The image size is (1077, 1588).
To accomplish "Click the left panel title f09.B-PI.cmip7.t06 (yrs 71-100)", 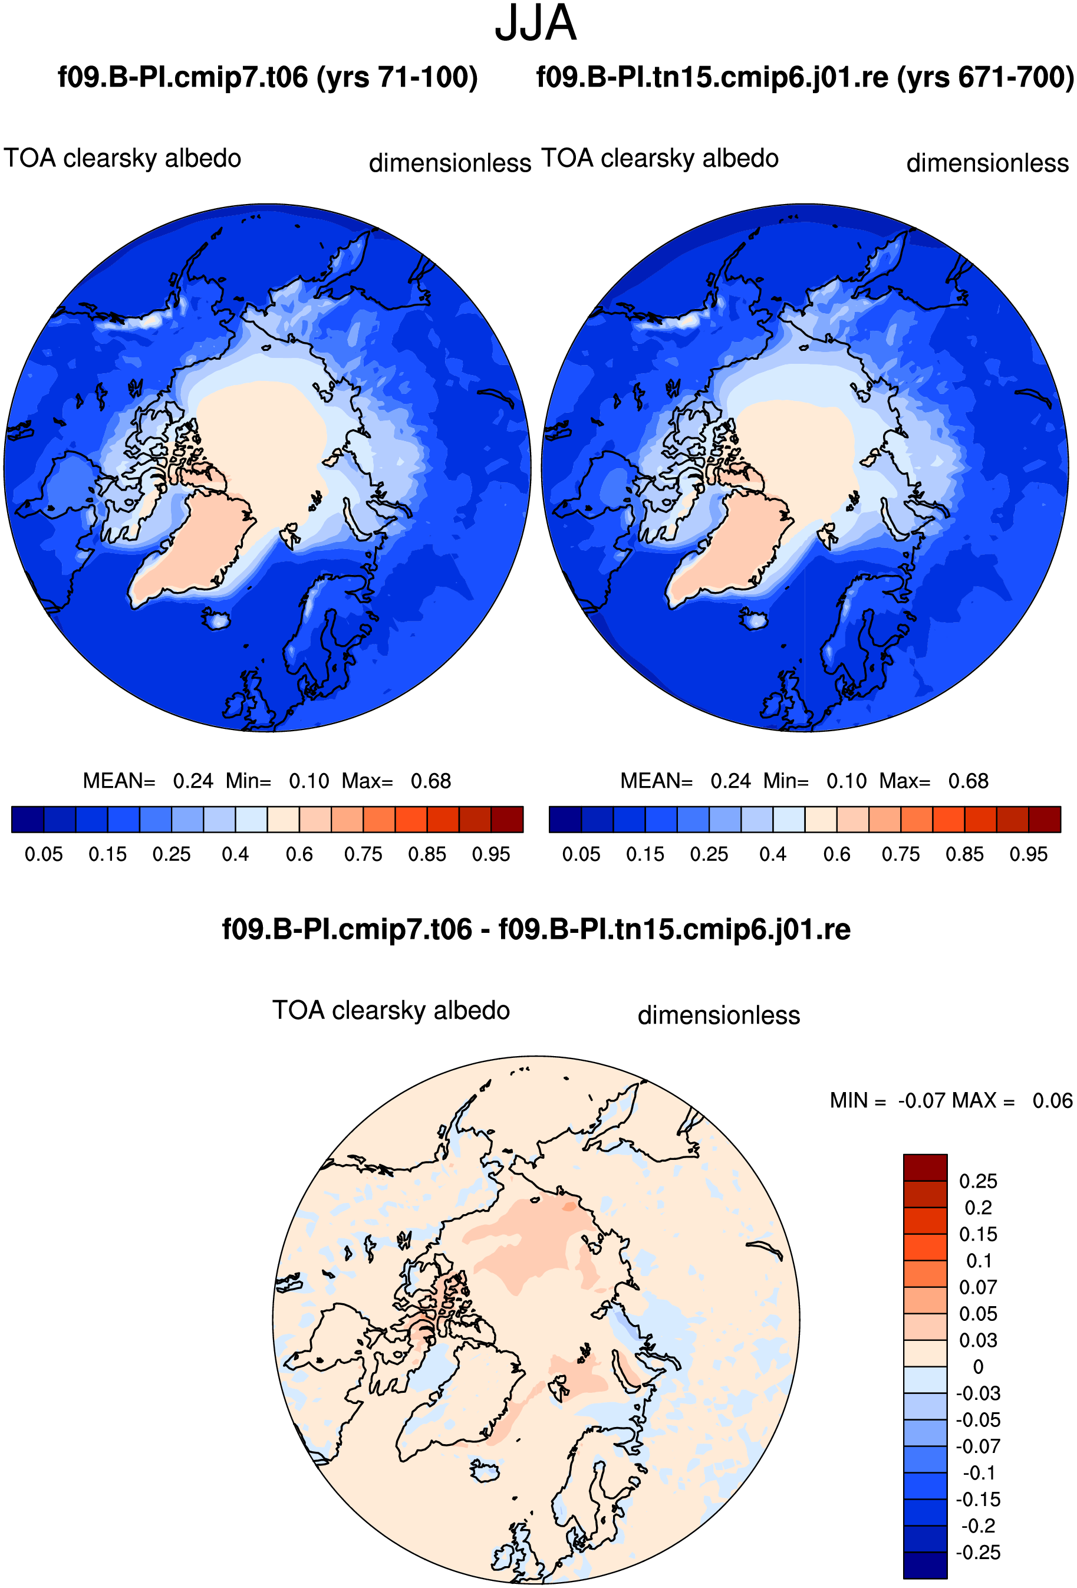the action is click(268, 77).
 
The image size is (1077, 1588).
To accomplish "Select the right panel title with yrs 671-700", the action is click(805, 77).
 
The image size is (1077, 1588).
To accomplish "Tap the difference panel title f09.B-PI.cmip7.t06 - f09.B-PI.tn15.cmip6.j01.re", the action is click(536, 929).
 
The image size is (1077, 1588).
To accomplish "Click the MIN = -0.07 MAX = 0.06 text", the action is click(951, 1100).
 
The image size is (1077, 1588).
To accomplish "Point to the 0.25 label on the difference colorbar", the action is click(978, 1182).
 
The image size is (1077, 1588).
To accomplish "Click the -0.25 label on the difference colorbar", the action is click(978, 1553).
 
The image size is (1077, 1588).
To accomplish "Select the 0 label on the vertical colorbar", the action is click(978, 1367).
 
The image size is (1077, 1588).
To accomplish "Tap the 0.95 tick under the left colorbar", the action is click(491, 854).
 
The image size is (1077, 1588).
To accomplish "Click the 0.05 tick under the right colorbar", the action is click(581, 854).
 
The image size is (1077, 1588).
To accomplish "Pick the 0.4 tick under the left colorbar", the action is click(236, 854).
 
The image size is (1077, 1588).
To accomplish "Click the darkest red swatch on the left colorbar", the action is click(508, 819).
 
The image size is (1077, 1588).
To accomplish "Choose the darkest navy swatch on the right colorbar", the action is click(565, 819).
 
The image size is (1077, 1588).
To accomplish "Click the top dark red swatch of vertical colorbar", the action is click(926, 1168).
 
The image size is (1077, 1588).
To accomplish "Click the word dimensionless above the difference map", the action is click(719, 1015).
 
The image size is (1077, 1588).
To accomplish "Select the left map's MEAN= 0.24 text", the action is click(148, 780).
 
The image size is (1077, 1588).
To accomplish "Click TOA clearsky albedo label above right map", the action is click(660, 159).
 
